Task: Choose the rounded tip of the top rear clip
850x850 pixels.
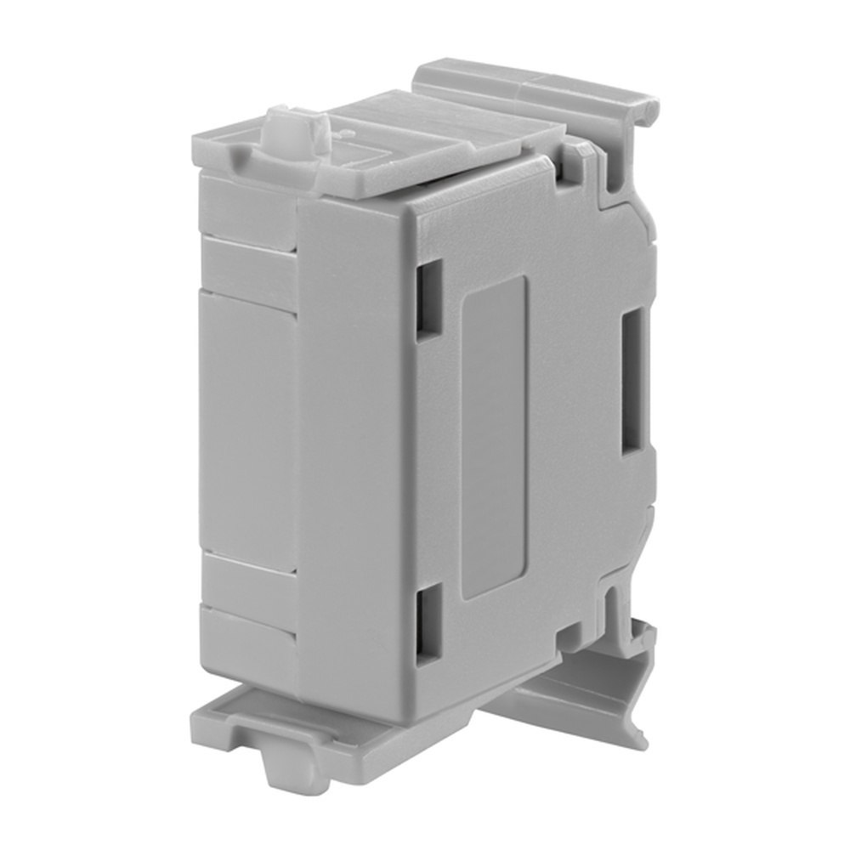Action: [x=650, y=106]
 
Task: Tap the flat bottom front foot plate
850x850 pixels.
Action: [x=246, y=718]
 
